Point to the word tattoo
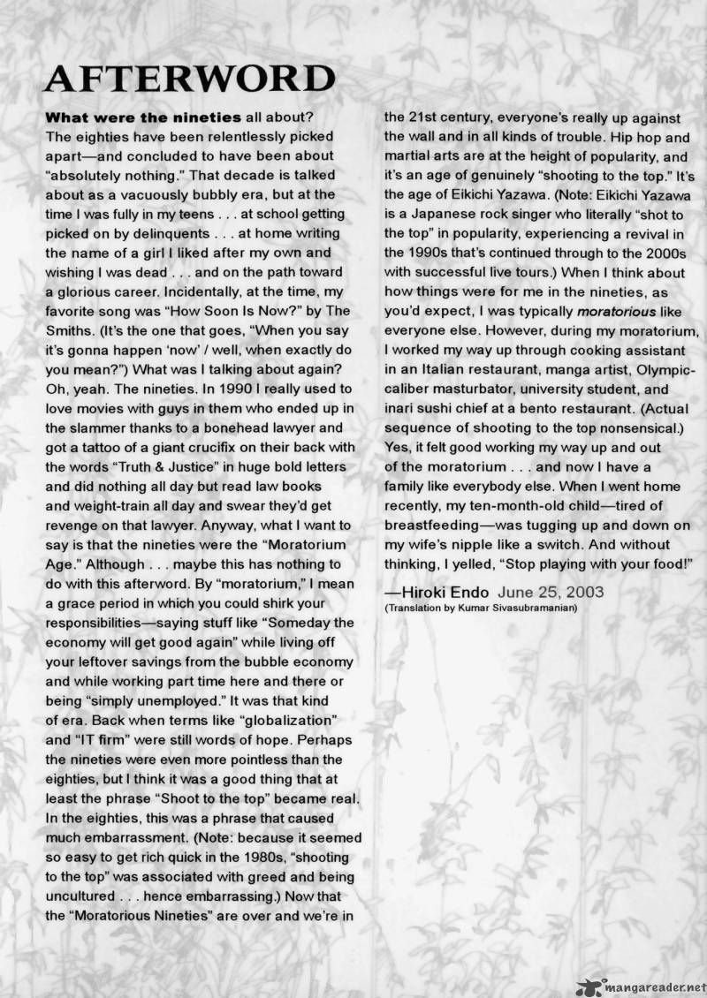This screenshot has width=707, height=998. point(95,446)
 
